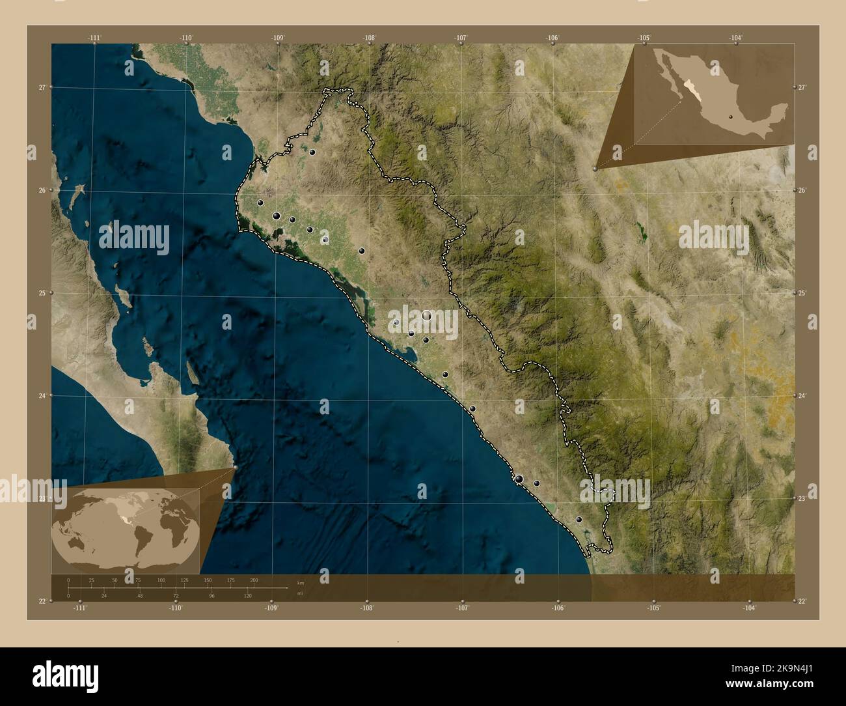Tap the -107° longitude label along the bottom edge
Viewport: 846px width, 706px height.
tap(463, 608)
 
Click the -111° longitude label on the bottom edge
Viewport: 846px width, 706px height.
tap(80, 608)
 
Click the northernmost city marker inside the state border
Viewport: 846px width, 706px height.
tap(312, 152)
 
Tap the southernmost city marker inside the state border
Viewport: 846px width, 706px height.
tap(579, 520)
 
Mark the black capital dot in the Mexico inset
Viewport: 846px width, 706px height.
tap(731, 118)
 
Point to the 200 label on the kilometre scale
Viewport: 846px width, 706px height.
tap(254, 580)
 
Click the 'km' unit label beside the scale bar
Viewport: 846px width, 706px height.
tap(300, 583)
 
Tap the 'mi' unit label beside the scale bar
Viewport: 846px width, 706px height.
tap(300, 594)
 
